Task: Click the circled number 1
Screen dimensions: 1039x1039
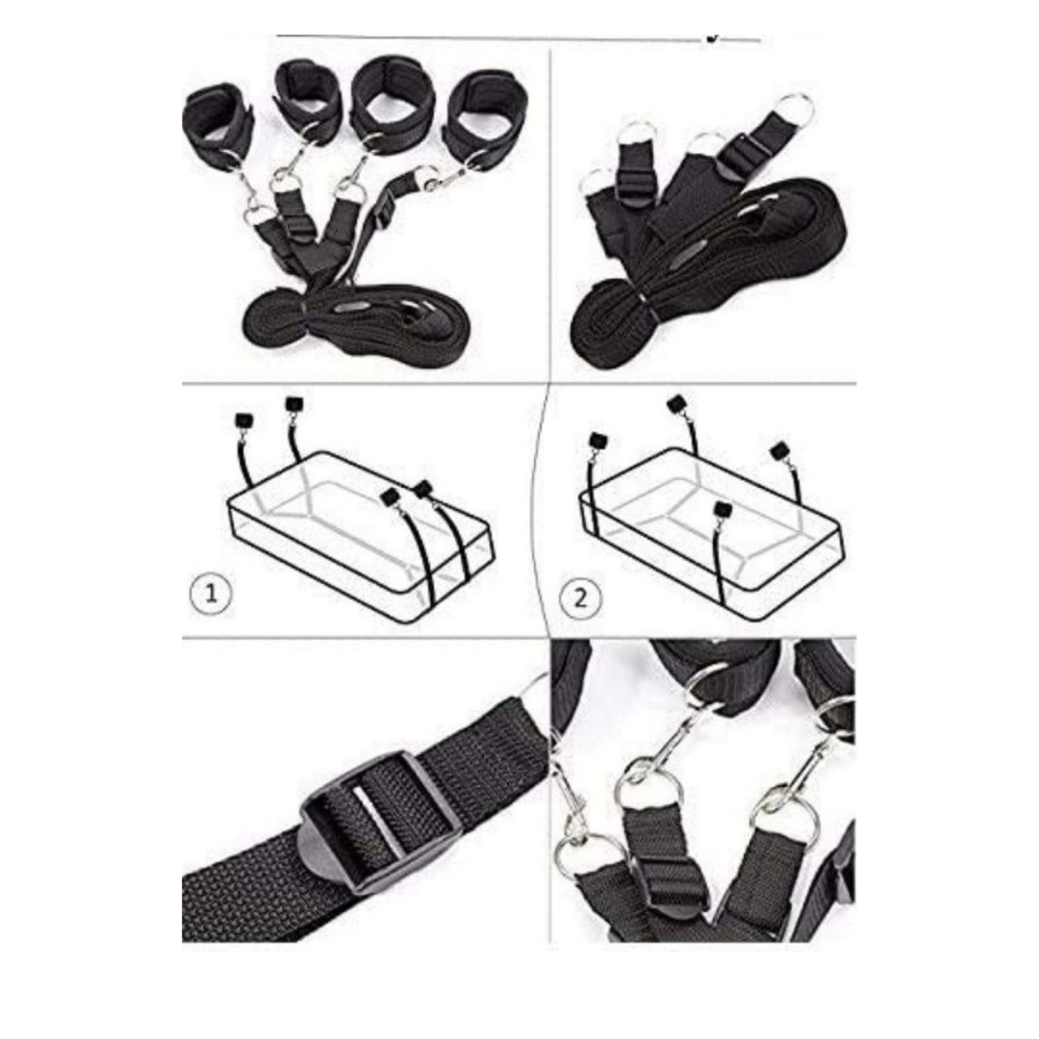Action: pos(211,593)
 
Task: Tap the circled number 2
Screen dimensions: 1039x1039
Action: pos(580,597)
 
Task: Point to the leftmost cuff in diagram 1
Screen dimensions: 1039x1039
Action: pos(243,420)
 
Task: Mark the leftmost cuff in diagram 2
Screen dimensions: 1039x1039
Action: pos(597,441)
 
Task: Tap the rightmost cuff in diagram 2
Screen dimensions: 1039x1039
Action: pos(779,452)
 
